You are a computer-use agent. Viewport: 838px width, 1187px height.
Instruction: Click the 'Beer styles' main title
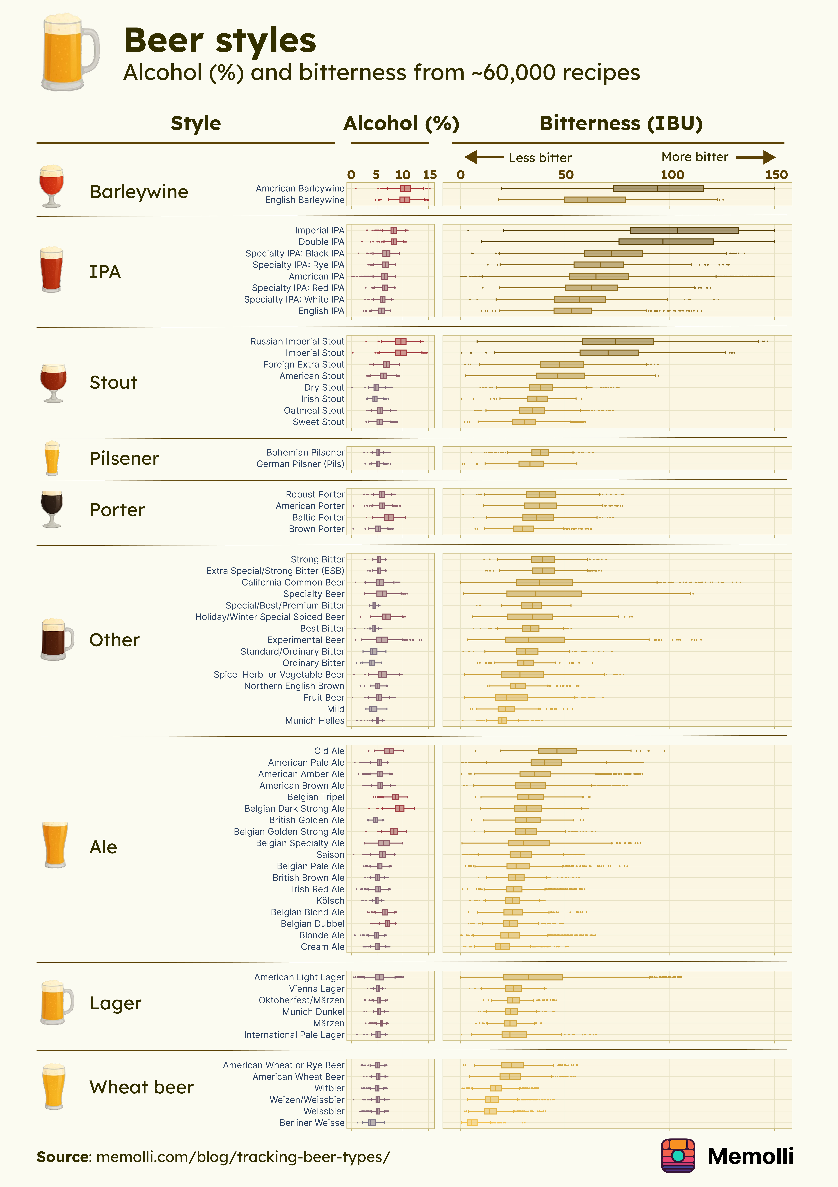coord(220,40)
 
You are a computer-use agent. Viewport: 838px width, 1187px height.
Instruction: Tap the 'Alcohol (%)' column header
coord(401,124)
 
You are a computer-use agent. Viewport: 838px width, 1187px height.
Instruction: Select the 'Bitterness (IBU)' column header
coord(621,124)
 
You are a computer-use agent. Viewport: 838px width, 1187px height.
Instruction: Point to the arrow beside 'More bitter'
coord(755,157)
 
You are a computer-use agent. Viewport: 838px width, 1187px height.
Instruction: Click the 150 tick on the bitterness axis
coord(776,175)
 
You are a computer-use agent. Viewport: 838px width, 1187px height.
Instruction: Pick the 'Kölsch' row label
coord(330,901)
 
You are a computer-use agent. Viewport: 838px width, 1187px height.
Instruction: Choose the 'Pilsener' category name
coord(124,459)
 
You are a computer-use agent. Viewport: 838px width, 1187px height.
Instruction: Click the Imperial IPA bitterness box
coord(684,230)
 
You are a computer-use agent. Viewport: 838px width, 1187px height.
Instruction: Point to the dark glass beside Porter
coord(52,509)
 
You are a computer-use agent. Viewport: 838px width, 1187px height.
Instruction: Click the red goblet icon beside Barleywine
coord(52,186)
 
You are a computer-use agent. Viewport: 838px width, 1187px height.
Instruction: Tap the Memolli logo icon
coord(678,1156)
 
